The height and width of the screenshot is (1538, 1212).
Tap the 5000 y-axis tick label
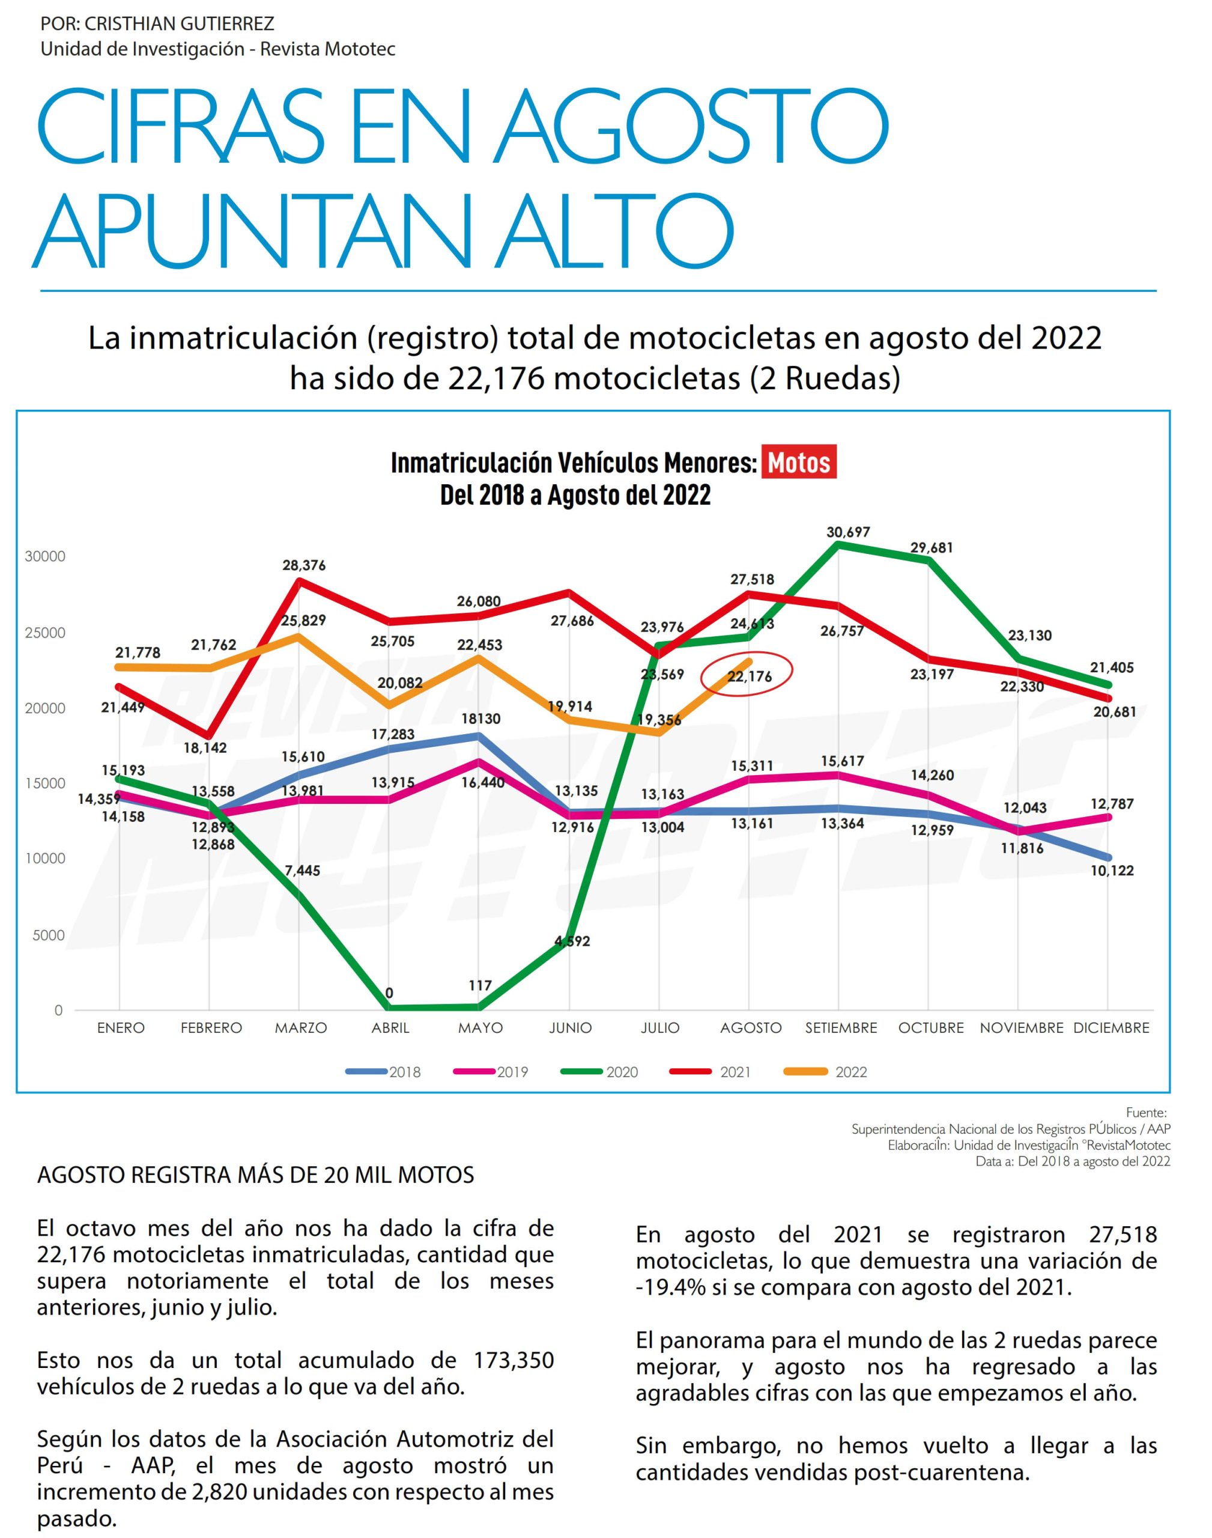[x=48, y=935]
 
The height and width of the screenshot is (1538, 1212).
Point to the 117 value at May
[x=480, y=985]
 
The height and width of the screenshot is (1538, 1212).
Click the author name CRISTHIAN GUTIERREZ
[x=179, y=24]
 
